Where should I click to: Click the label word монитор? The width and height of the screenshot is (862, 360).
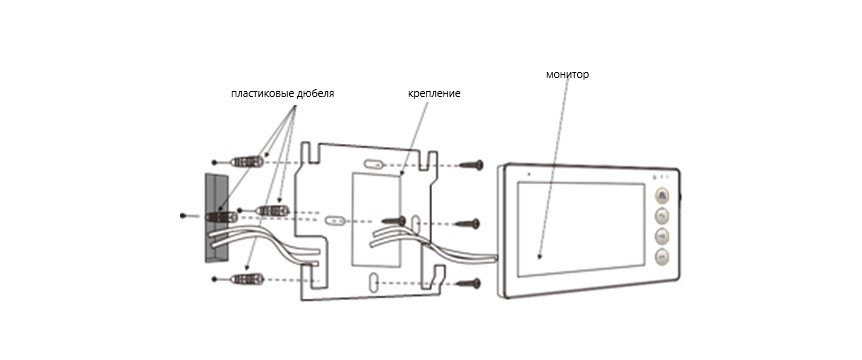[x=567, y=74]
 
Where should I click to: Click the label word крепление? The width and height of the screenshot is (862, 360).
[x=434, y=94]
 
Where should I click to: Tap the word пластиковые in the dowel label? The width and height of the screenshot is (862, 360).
[x=262, y=94]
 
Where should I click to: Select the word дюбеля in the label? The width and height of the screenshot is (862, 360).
[x=316, y=94]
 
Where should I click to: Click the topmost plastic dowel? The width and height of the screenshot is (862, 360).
[x=247, y=162]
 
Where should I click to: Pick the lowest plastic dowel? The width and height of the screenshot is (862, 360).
[x=247, y=279]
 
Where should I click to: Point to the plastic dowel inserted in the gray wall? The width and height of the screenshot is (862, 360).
[x=222, y=217]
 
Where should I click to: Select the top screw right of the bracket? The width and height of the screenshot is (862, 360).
[x=471, y=164]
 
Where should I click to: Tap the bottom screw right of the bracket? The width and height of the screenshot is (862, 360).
[x=469, y=284]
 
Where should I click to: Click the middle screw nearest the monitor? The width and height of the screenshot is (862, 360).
[x=468, y=224]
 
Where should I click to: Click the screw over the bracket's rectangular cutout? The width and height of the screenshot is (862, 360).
[x=394, y=221]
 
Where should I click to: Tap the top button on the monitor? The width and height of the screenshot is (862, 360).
[x=662, y=196]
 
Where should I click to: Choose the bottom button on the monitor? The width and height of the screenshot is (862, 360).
[x=662, y=256]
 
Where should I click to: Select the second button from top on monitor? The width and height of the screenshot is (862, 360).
[x=662, y=215]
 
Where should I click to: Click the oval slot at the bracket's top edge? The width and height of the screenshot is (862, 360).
[x=373, y=164]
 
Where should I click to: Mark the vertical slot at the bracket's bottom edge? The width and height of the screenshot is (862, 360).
[x=373, y=282]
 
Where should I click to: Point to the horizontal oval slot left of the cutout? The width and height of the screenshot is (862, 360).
[x=334, y=221]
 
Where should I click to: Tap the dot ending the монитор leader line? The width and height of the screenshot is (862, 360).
[x=539, y=256]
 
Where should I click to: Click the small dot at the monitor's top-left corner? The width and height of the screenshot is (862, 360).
[x=529, y=174]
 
